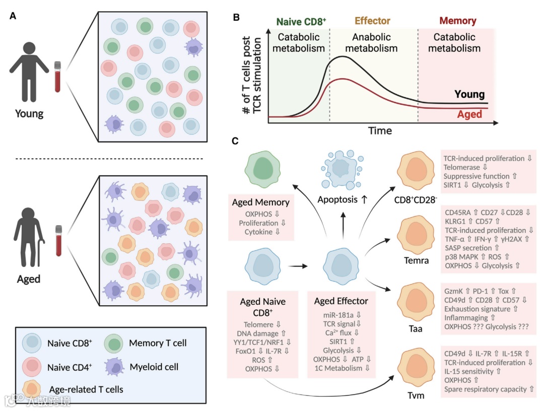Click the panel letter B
(x=235, y=16)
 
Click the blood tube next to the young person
(x=57, y=76)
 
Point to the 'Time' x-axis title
(x=379, y=130)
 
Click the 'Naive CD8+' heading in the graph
(x=301, y=22)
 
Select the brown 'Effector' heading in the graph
(x=373, y=22)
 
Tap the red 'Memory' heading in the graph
(x=457, y=21)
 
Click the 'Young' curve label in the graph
(x=469, y=94)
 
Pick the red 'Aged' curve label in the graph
(x=469, y=114)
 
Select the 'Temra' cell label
(x=416, y=260)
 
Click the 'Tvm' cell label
(x=416, y=395)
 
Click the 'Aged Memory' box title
(x=261, y=202)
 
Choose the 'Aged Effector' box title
(x=341, y=301)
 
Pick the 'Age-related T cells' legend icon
(x=32, y=388)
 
